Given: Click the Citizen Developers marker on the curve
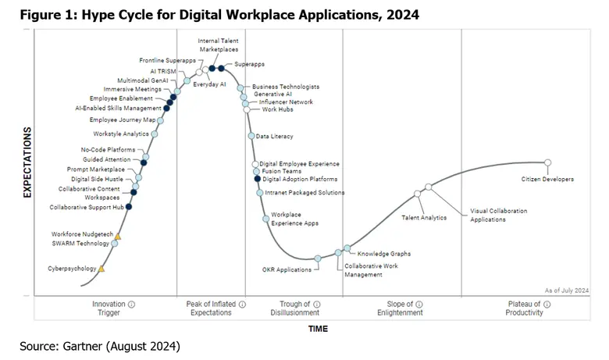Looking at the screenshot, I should (547, 162).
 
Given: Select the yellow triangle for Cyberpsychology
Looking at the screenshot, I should (101, 269).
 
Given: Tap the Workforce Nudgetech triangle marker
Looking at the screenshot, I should (118, 235).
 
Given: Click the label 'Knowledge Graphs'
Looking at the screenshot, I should (383, 254).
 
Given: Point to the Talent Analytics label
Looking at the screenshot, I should (424, 218).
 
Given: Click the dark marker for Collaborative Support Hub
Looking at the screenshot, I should (129, 207).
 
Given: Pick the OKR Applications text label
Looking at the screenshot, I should (287, 270).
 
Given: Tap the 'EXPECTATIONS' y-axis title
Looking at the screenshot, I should (27, 162).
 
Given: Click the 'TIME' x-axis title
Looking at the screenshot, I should (317, 329).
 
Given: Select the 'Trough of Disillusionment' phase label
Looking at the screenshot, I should (300, 308).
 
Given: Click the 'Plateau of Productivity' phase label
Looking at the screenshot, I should (525, 308).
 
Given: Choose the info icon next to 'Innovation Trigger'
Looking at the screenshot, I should (131, 304).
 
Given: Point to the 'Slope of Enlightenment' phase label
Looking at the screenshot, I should (405, 308).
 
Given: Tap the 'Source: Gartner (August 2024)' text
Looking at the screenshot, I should (101, 345).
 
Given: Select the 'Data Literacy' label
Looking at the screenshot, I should (274, 136).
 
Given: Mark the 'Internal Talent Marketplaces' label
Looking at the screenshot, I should (219, 45).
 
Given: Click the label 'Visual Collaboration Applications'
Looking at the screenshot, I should (498, 216).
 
